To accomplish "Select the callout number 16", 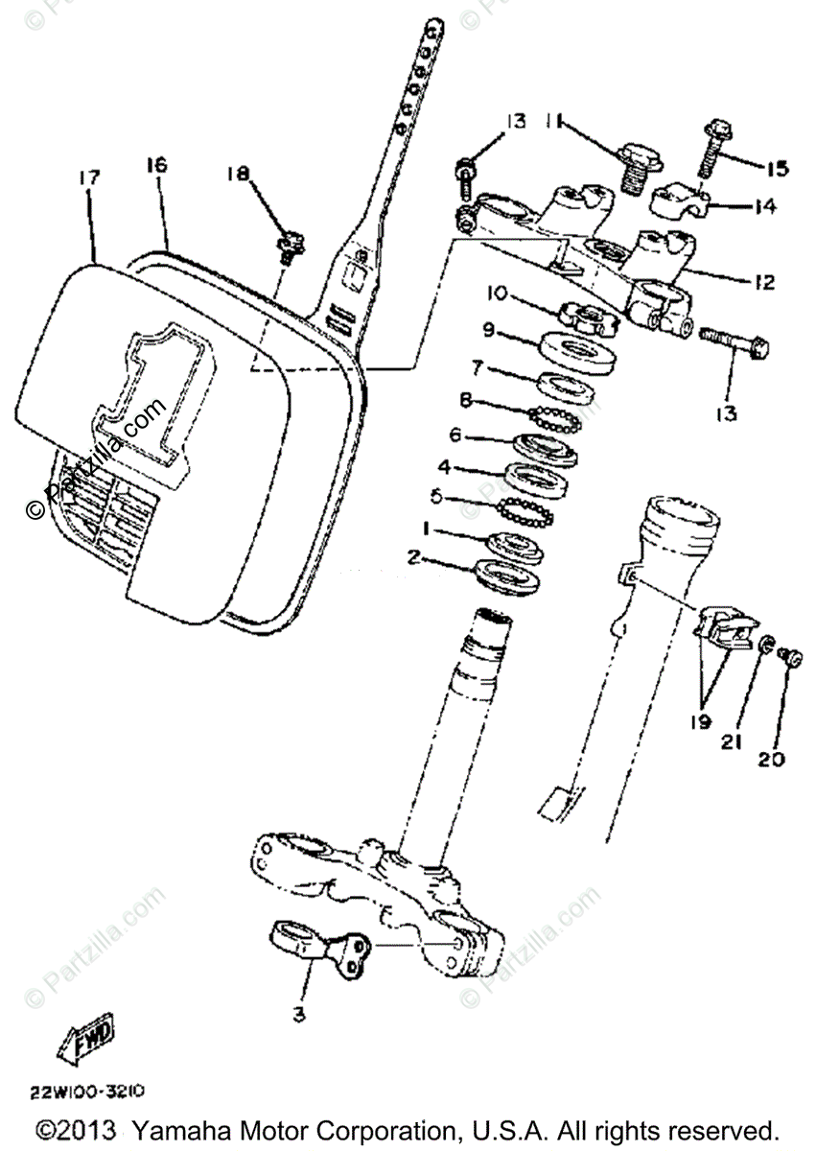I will tap(157, 165).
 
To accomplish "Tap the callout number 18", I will tap(238, 174).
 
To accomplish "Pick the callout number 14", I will tap(764, 205).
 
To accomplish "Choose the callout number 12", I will tap(764, 284).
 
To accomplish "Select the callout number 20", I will tap(772, 759).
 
